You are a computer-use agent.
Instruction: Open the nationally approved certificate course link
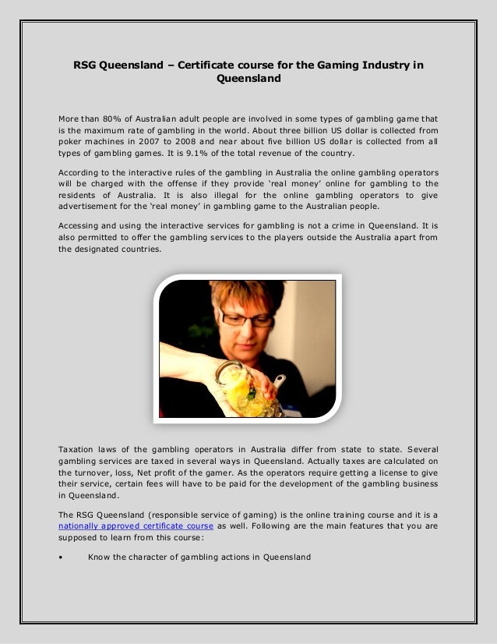(136, 526)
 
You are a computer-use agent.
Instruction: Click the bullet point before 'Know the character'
(62, 557)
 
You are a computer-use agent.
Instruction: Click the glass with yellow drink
(248, 395)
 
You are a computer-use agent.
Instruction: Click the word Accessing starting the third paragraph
(83, 226)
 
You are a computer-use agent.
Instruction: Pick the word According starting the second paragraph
(83, 172)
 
